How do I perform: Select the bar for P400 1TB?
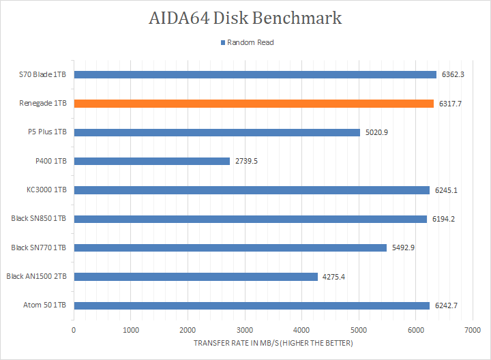(151, 161)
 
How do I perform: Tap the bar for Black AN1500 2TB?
(196, 276)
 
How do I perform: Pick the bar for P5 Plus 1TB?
(217, 132)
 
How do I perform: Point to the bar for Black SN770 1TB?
(230, 247)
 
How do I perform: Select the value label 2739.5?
(247, 161)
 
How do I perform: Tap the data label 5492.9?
(403, 247)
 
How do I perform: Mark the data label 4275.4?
(334, 276)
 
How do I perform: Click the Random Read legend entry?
(246, 42)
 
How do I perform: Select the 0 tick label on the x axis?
(74, 329)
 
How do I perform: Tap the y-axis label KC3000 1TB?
(46, 190)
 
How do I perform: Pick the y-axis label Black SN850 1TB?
(39, 219)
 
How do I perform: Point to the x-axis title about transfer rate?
(273, 343)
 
